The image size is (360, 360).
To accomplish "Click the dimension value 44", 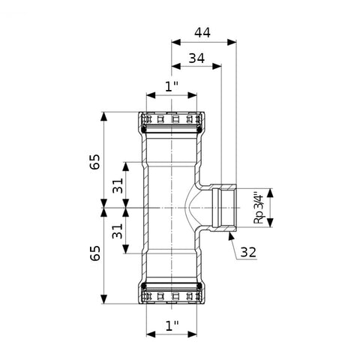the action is point(202,33).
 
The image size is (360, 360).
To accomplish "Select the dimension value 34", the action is point(196,58).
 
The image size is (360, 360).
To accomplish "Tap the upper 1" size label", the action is point(172,86).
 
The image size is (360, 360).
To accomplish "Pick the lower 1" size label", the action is point(172,325).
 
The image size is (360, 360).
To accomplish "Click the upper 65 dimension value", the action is point(95,162).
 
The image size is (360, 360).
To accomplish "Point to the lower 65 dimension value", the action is point(95,253).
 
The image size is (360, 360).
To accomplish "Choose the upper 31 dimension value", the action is point(118,185).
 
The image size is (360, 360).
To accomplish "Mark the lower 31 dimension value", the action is point(118,231).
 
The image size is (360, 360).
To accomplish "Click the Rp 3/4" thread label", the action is point(259,208).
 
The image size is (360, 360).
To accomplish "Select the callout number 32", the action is point(248,252).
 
